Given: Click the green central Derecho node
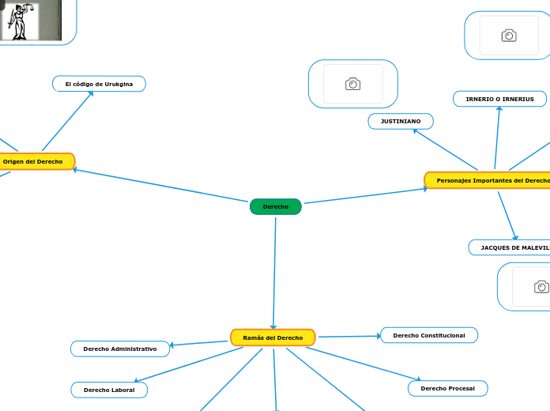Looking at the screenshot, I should (x=275, y=206).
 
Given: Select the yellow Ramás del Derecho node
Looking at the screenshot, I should (x=273, y=337).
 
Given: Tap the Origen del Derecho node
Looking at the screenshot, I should (x=34, y=161).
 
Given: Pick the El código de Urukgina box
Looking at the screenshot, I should (x=99, y=84).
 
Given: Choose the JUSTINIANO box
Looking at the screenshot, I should (x=401, y=121).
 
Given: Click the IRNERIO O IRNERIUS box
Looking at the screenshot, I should (x=499, y=99).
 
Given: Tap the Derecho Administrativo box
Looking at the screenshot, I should (x=120, y=349).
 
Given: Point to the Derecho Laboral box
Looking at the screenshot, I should (x=109, y=390).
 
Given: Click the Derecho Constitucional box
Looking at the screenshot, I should (x=429, y=335).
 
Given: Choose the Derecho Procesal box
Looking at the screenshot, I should (x=448, y=388).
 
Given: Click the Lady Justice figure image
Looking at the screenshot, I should (x=17, y=21).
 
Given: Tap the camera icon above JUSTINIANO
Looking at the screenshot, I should (x=352, y=84).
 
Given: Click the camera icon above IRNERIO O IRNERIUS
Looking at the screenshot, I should (x=509, y=36).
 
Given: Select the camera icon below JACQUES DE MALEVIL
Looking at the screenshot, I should (x=541, y=286).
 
